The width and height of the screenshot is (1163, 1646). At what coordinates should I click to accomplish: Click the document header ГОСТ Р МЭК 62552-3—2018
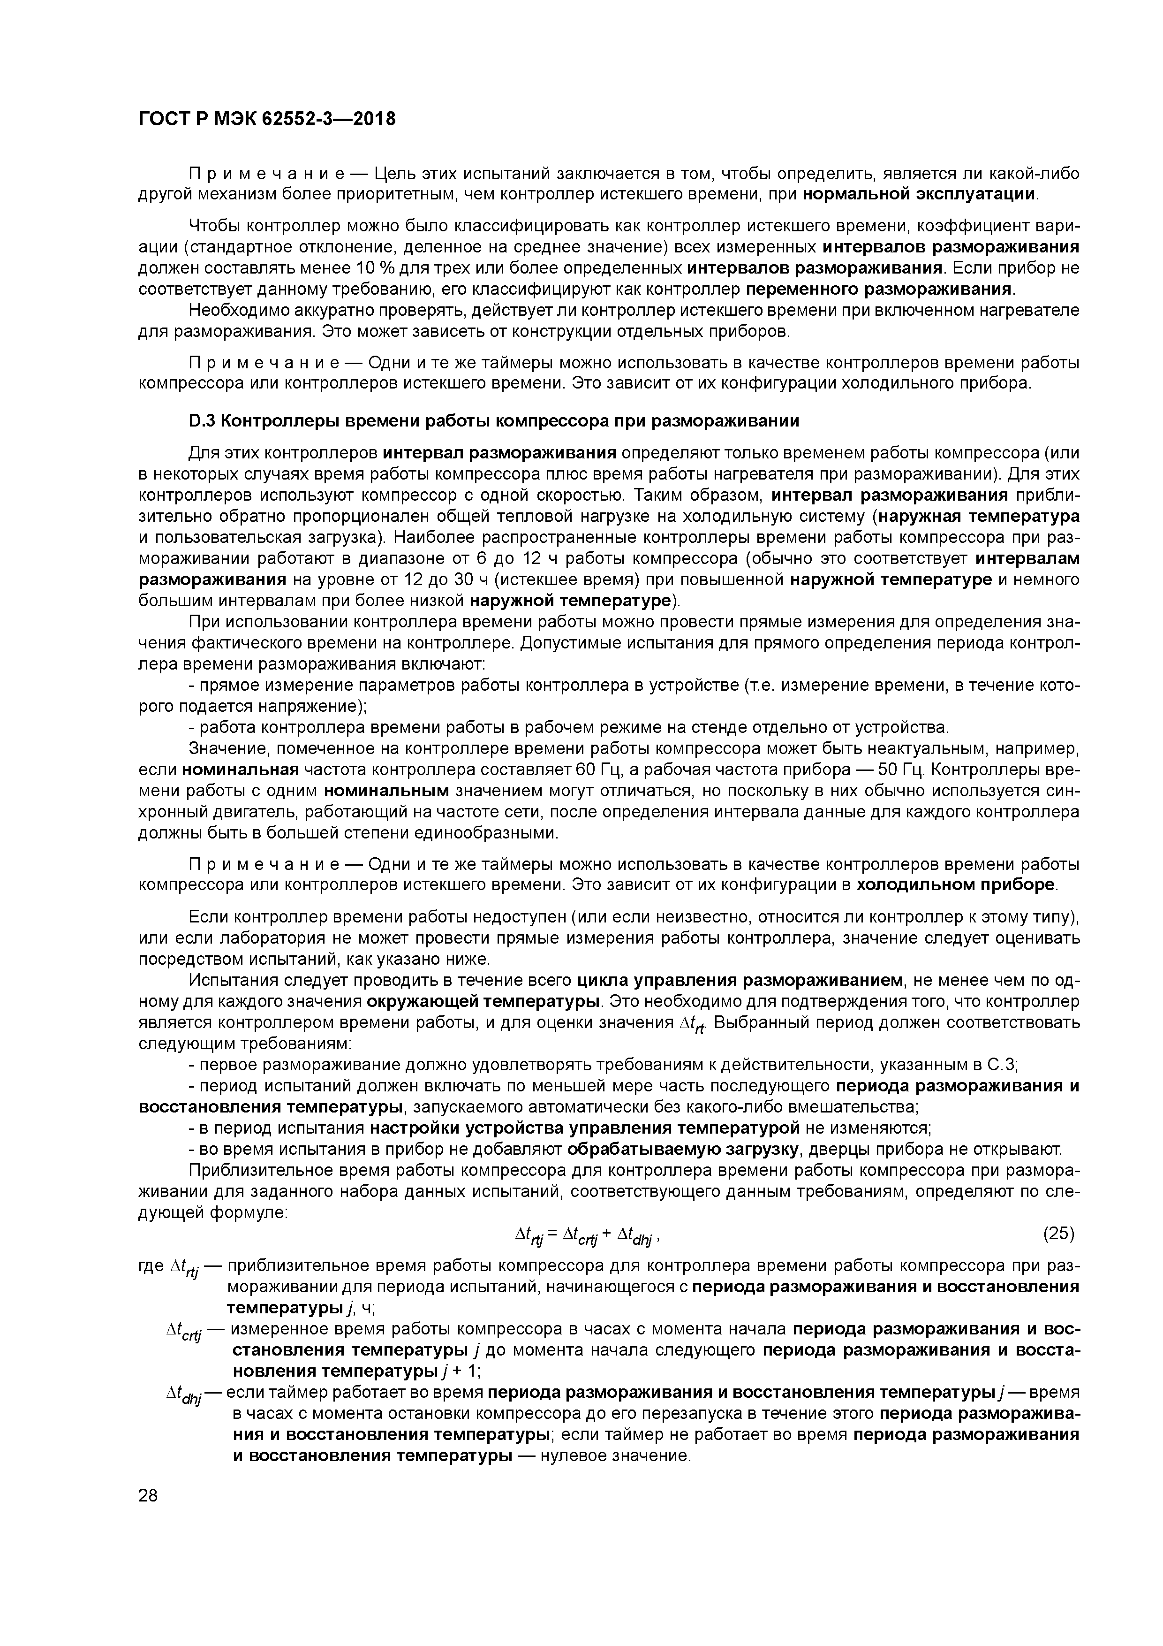coord(266,119)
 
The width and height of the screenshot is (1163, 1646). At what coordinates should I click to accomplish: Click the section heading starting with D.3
coord(494,421)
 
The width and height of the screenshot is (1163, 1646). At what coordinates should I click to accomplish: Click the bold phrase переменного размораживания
coord(880,289)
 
